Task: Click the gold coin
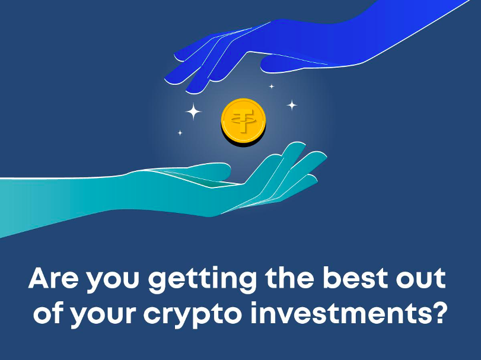click(x=244, y=122)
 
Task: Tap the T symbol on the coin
click(x=244, y=120)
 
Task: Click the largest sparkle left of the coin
click(x=193, y=111)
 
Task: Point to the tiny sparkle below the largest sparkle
click(x=180, y=133)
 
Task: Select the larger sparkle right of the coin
click(x=292, y=105)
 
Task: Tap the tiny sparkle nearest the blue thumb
click(x=272, y=87)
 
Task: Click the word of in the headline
click(x=49, y=313)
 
